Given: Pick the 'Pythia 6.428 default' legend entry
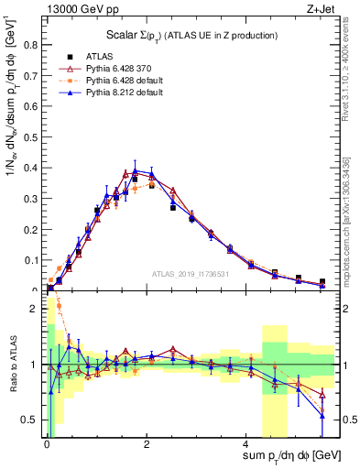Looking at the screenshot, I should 113,81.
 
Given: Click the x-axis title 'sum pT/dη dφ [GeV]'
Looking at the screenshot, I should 294,455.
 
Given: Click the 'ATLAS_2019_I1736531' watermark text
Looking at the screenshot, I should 191,274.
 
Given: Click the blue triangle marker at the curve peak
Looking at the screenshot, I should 136,170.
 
